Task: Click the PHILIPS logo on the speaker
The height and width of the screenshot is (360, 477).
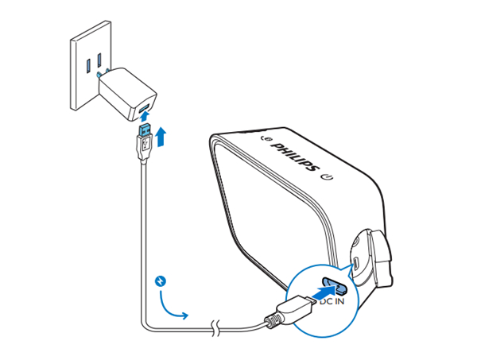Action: coord(295,157)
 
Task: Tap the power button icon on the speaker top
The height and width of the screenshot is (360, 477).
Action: coord(328,176)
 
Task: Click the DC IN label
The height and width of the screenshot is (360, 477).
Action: coord(332,301)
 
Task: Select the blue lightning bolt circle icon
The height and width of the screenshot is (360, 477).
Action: coord(161,281)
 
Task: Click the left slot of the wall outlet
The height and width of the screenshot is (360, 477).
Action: coord(88,66)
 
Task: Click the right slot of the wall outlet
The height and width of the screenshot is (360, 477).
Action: coord(99,60)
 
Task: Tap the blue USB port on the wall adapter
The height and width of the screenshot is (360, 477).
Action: coord(144,108)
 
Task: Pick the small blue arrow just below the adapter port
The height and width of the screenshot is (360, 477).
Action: coord(145,117)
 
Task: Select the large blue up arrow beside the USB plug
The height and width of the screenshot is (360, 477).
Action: coord(161,137)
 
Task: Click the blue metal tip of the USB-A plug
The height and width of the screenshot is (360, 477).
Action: coord(145,130)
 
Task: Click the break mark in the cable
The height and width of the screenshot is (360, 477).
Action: coord(215,327)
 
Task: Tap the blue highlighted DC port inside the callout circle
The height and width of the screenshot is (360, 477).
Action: coord(335,285)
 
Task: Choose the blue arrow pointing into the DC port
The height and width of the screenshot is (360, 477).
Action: coord(323,293)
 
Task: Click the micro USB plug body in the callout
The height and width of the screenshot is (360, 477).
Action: coord(294,309)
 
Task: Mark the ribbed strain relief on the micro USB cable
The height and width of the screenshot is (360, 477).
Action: coord(271,321)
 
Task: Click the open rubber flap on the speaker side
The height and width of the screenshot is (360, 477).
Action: coord(380,258)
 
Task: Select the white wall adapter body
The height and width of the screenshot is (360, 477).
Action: coord(127,94)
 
